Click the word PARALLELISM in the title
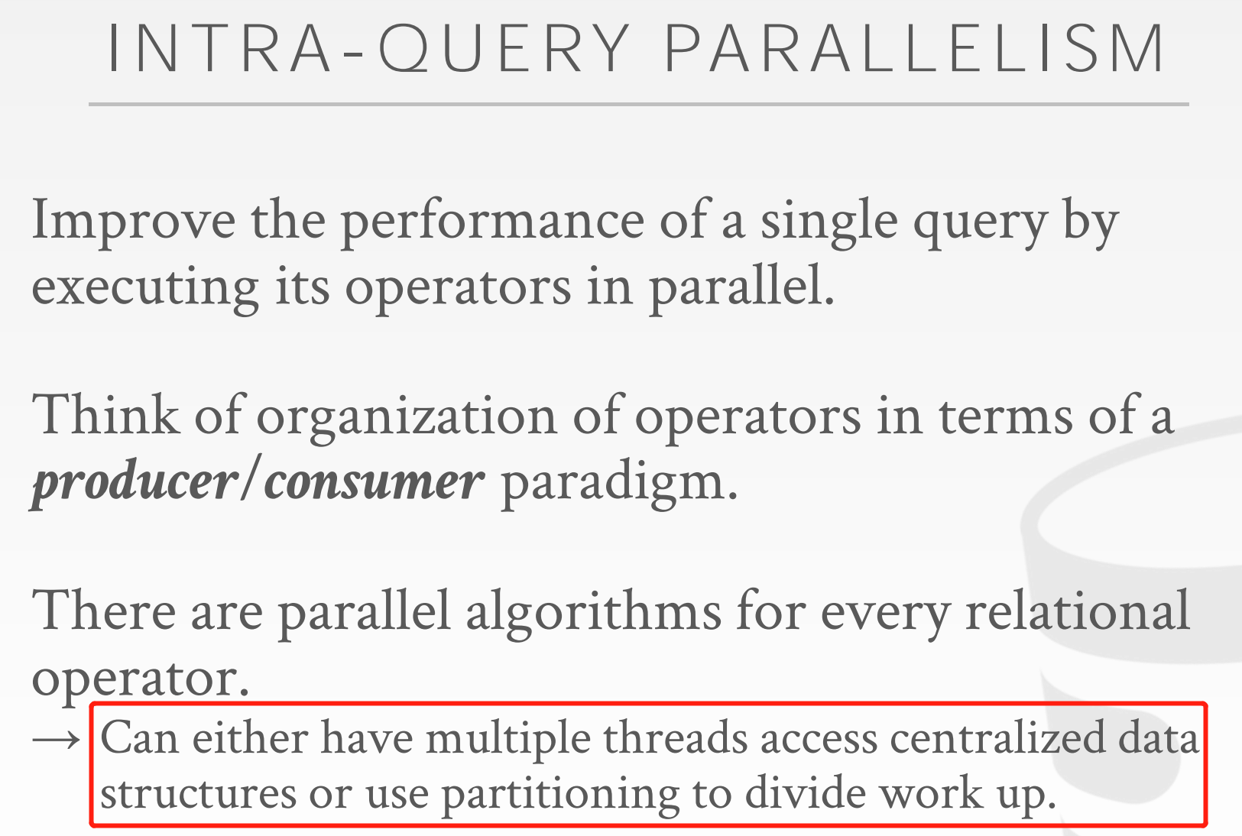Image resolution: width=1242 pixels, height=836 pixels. tap(914, 50)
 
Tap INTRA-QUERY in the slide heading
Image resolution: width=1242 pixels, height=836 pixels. tap(368, 50)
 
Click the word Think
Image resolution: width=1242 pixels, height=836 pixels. tap(105, 416)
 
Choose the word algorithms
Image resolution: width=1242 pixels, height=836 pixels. tap(593, 613)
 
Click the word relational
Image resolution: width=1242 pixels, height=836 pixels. tap(1077, 611)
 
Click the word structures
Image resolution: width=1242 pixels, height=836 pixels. tap(198, 794)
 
